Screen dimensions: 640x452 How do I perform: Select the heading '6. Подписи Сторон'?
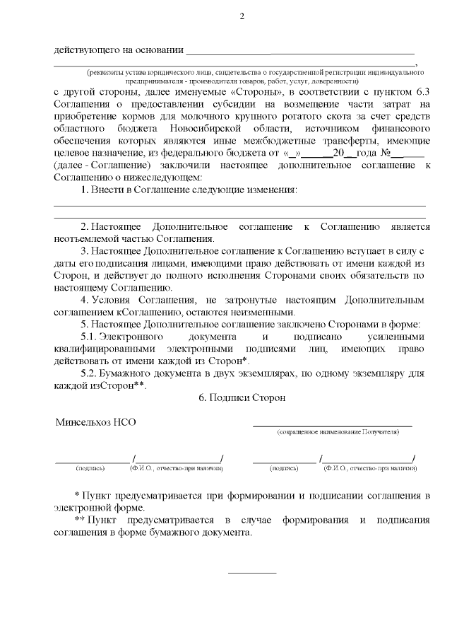coord(242,398)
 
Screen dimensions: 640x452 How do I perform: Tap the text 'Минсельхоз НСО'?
coord(95,422)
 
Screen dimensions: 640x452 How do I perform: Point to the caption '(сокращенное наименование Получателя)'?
coord(333,431)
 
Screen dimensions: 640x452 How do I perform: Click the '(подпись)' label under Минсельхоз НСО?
coord(90,468)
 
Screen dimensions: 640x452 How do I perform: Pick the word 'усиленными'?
coord(400,337)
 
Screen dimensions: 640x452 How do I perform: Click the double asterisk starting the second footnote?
coord(79,520)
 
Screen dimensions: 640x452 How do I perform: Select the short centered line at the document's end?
coord(252,572)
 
